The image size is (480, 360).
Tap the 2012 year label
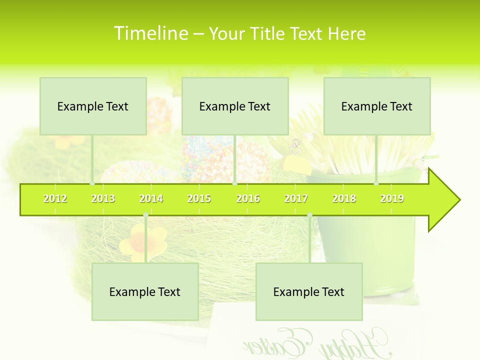pos(55,198)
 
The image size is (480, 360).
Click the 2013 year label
pos(103,198)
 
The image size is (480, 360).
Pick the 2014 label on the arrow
pos(151,198)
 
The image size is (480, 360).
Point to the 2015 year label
pos(199,198)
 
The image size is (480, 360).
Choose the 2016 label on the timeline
pos(248,198)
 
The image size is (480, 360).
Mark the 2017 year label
pos(296,198)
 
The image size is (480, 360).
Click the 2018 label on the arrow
pos(344,198)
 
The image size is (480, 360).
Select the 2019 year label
pos(392,198)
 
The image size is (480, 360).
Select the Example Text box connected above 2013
pos(93,106)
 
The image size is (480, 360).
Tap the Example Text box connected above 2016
pos(235,106)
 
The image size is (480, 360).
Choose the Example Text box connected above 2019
pos(377,106)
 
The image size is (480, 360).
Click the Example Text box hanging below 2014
pos(145,291)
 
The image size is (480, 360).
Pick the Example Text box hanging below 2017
pos(309,291)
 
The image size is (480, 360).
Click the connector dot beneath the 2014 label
pos(145,215)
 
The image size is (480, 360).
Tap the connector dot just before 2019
pos(376,183)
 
